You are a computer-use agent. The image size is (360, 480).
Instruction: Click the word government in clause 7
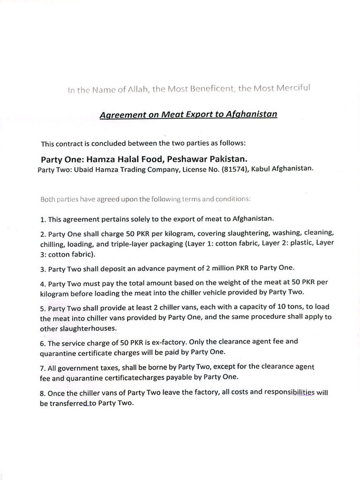coord(75,366)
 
